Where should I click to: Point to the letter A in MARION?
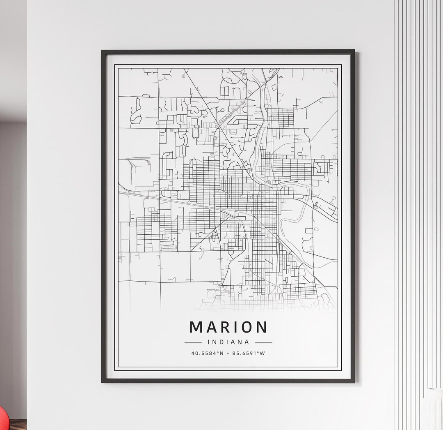(x=211, y=327)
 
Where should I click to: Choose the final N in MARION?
(x=261, y=327)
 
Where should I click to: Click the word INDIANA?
(x=228, y=342)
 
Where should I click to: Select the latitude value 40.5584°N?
(x=208, y=353)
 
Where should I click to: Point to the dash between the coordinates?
(x=228, y=353)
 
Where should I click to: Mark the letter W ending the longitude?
(x=263, y=353)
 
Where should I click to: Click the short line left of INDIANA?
(x=193, y=342)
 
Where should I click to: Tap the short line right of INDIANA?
(x=263, y=342)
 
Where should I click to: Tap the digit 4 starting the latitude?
(x=193, y=353)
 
